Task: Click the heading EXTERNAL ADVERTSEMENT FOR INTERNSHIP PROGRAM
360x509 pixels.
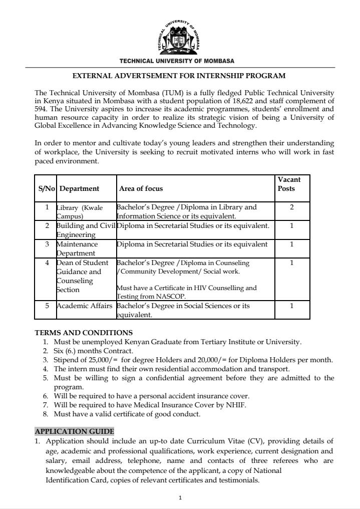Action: (179, 76)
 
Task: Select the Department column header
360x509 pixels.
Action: (79, 189)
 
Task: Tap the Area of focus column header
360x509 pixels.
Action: (141, 189)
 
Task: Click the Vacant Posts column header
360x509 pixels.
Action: (289, 184)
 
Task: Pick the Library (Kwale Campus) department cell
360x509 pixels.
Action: (79, 211)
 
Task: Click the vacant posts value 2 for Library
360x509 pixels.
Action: (292, 207)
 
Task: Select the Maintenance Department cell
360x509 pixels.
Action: (77, 248)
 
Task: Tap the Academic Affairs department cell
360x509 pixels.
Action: (84, 306)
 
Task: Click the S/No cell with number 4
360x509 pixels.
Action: (47, 263)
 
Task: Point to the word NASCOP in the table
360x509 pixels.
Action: (154, 296)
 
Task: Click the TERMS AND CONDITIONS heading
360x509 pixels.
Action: (84, 333)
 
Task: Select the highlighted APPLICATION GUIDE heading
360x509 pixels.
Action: (74, 431)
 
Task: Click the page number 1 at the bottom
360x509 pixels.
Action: (180, 497)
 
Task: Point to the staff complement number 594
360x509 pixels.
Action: (41, 109)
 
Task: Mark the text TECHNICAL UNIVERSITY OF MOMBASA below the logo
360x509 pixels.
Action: (176, 61)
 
